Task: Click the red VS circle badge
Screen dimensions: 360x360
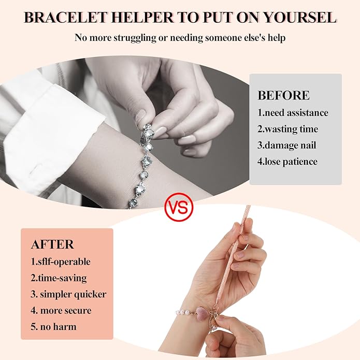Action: [x=179, y=207]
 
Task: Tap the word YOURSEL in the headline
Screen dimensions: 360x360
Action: [x=300, y=18]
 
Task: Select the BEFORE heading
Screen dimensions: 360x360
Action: [x=283, y=95]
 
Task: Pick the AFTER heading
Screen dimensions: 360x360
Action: [x=52, y=244]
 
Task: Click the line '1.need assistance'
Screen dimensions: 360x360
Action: [x=293, y=113]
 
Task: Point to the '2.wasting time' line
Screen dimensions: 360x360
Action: [x=287, y=129]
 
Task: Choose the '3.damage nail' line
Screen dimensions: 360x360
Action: [x=286, y=146]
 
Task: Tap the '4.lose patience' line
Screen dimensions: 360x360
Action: [x=287, y=162]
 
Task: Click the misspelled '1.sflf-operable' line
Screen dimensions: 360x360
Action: [x=61, y=262]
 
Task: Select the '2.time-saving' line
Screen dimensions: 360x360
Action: [x=59, y=278]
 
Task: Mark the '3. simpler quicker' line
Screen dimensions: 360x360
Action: [x=68, y=294]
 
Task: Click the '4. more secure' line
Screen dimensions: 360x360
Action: [x=61, y=310]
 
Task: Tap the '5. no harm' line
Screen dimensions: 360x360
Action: [x=53, y=327]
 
